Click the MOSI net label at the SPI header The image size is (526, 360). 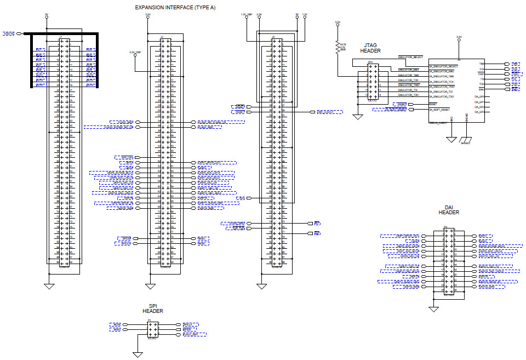point(115,325)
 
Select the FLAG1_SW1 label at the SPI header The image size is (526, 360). point(195,334)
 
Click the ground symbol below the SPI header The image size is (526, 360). point(138,353)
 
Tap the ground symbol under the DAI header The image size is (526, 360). point(434,310)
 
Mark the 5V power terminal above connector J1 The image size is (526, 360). point(47,17)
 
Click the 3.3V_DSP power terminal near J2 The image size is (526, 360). point(135,55)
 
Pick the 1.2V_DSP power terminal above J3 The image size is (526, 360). point(247,16)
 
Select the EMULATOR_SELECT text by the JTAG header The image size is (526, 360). point(410,57)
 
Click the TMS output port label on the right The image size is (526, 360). point(516,64)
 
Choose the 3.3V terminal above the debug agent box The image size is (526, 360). point(459,40)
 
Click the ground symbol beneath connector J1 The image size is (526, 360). point(49,285)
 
